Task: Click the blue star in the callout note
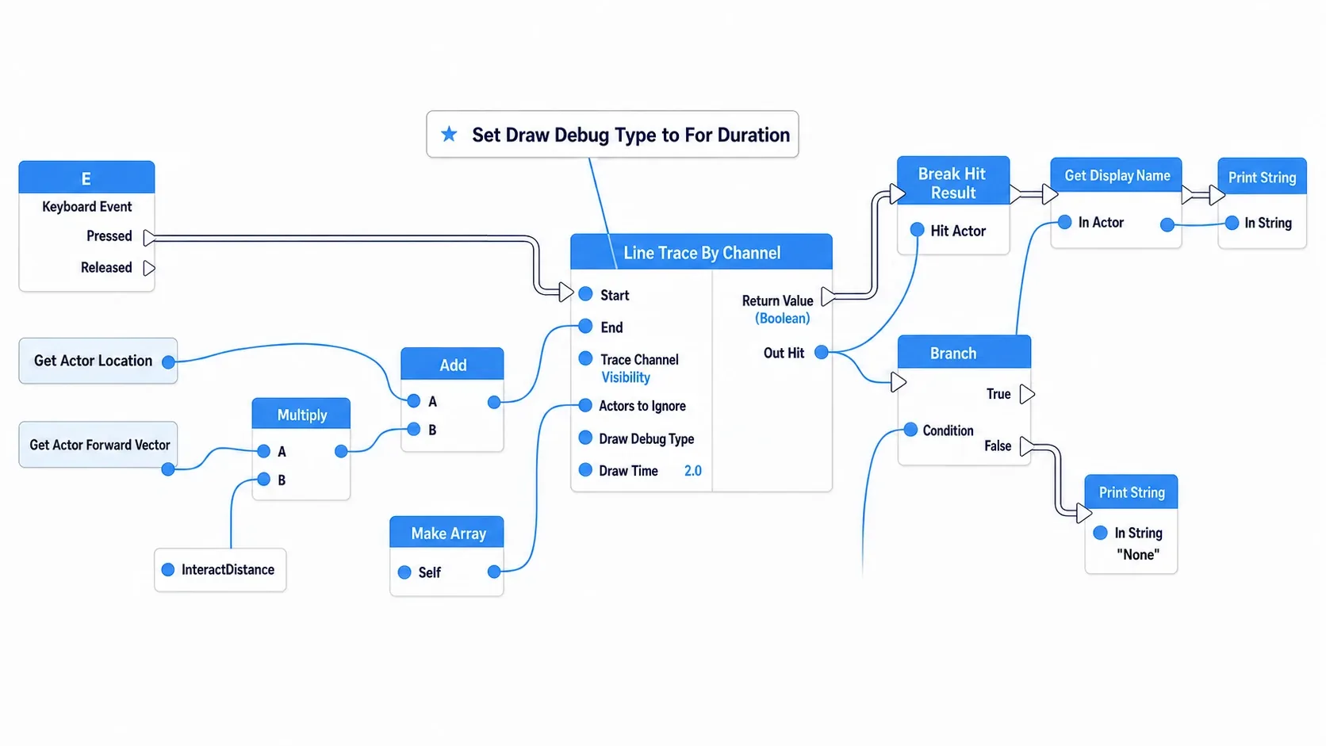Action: click(x=449, y=134)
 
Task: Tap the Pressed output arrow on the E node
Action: click(x=149, y=238)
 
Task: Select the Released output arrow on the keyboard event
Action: click(x=149, y=269)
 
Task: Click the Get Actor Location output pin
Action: click(x=169, y=362)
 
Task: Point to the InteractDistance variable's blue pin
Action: click(x=168, y=570)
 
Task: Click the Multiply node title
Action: click(x=301, y=415)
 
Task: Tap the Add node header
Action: click(x=452, y=364)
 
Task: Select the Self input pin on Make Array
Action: click(x=404, y=572)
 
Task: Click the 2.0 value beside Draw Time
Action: click(x=692, y=471)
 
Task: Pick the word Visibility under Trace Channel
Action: click(x=626, y=377)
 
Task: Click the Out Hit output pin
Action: click(x=821, y=353)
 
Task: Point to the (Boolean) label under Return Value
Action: click(x=782, y=318)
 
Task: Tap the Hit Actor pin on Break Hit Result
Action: click(x=917, y=230)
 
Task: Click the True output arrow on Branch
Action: click(x=1028, y=394)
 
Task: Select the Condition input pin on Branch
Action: click(x=910, y=430)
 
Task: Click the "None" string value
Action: click(x=1138, y=555)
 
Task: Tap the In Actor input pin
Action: click(x=1064, y=223)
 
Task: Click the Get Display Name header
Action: click(x=1117, y=175)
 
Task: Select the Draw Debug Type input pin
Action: click(x=585, y=438)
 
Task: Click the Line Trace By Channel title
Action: click(x=702, y=253)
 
